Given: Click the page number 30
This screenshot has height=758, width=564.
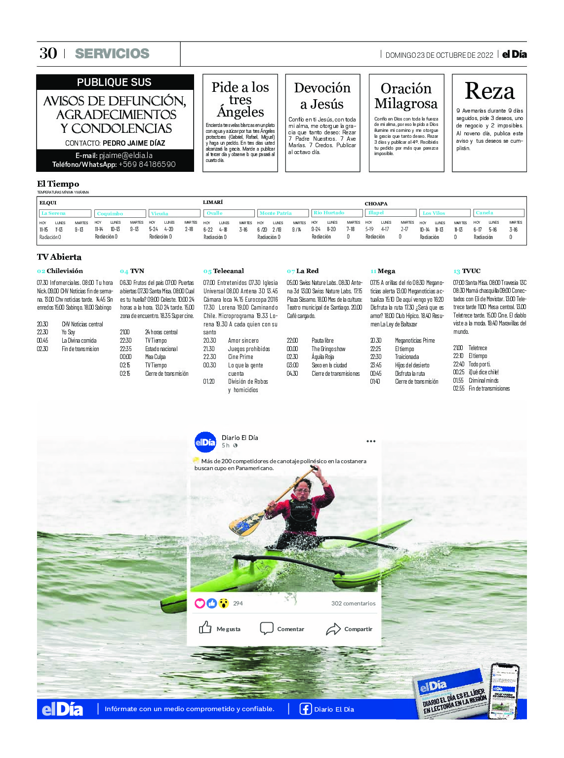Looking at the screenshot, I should click(x=48, y=53).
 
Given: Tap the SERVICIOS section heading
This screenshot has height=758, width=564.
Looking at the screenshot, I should click(x=112, y=53).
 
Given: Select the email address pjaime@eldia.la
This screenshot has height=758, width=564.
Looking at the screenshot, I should click(x=125, y=155).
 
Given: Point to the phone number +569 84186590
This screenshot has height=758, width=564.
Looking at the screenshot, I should click(x=147, y=164).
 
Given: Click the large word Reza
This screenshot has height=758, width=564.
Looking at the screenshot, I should click(x=489, y=91).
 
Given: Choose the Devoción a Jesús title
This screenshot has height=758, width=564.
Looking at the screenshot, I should click(x=322, y=96).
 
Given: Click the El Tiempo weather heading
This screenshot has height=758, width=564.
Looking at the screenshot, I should click(x=58, y=184).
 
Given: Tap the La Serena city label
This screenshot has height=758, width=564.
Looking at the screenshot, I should click(x=53, y=213).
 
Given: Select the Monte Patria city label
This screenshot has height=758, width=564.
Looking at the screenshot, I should click(x=276, y=213).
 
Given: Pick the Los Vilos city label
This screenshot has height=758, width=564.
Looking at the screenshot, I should click(x=434, y=213).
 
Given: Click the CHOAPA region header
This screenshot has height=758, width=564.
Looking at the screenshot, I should click(x=376, y=203).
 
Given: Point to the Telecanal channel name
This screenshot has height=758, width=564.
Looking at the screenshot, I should click(x=228, y=271).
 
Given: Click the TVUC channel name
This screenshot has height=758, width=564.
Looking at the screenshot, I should click(x=471, y=271).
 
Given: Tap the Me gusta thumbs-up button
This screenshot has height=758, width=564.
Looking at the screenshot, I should click(x=205, y=628).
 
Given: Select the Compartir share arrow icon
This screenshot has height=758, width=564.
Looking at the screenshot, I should click(x=333, y=629).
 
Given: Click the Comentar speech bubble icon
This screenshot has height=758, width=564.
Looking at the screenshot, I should click(x=267, y=628).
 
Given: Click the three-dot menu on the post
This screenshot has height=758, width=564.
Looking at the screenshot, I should click(x=371, y=441).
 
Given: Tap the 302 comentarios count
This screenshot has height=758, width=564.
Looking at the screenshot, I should click(x=353, y=603).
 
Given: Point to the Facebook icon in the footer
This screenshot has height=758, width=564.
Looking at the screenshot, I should click(x=306, y=709).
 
